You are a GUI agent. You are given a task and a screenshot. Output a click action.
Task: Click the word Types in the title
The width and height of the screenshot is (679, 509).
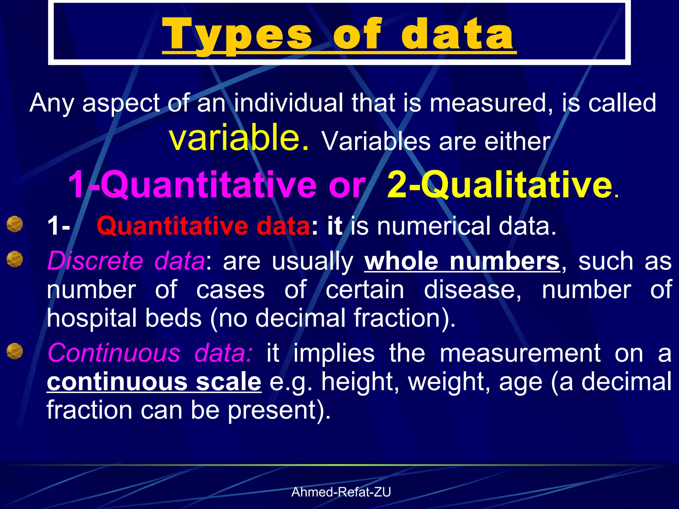pyautogui.click(x=237, y=35)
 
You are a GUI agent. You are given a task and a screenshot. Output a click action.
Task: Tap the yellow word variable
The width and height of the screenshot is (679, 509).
pyautogui.click(x=239, y=138)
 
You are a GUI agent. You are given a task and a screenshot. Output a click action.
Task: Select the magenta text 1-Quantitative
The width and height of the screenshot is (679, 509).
pyautogui.click(x=192, y=184)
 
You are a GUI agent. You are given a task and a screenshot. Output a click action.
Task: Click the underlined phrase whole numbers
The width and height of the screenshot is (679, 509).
pyautogui.click(x=462, y=261)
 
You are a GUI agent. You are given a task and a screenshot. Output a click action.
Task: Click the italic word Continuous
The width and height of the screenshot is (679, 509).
pyautogui.click(x=114, y=353)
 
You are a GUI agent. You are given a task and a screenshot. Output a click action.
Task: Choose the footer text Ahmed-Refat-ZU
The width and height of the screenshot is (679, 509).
pyautogui.click(x=341, y=492)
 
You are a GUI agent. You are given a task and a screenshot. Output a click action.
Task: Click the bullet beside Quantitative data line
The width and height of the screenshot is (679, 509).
pyautogui.click(x=15, y=224)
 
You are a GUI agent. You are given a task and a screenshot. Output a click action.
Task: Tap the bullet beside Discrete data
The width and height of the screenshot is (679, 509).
pyautogui.click(x=15, y=259)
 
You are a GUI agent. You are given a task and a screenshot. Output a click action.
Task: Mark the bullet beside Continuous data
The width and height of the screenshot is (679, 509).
pyautogui.click(x=15, y=351)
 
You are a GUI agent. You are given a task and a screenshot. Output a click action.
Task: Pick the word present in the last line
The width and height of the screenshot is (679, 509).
pyautogui.click(x=278, y=410)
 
